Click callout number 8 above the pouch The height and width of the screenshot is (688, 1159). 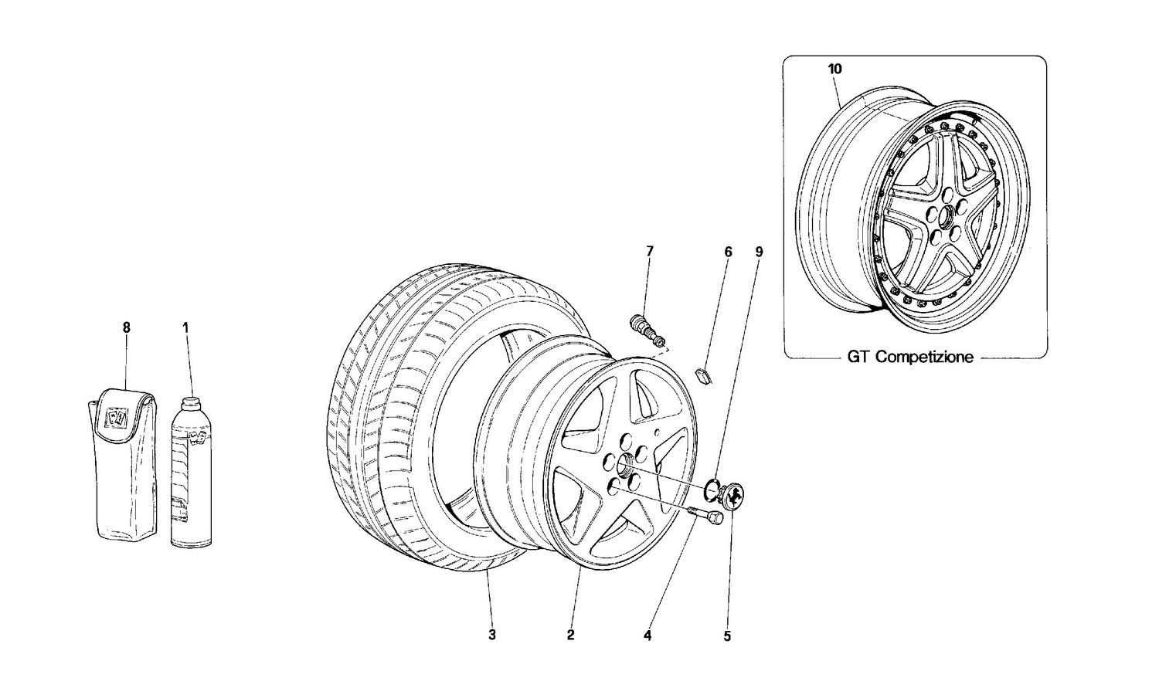[127, 327]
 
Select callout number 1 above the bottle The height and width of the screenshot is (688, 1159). [185, 327]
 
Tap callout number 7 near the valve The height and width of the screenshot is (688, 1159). [649, 251]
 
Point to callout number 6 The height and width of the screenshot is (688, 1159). [727, 251]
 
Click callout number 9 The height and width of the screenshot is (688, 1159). [759, 251]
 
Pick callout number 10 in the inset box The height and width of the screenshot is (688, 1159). [834, 69]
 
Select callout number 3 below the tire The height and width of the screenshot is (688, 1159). [491, 635]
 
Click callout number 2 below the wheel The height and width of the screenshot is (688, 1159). [570, 635]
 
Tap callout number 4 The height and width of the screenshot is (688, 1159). [647, 636]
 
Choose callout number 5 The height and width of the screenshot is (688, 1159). [727, 636]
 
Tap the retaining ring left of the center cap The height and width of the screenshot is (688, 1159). [711, 491]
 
